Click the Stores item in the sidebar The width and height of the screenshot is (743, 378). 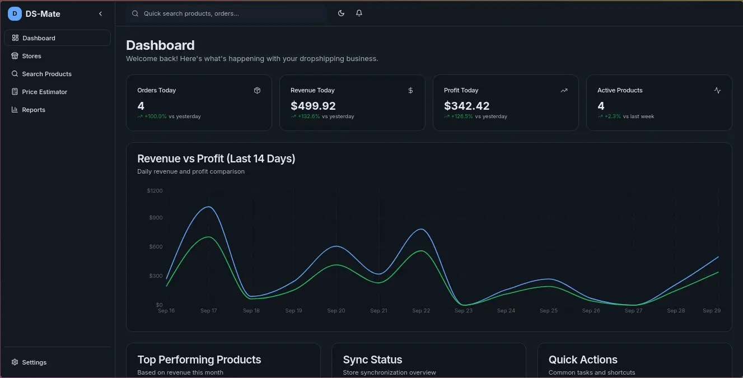[31, 56]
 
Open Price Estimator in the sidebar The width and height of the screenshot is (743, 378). [44, 92]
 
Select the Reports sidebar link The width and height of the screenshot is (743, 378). [33, 110]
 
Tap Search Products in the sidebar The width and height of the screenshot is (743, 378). [46, 74]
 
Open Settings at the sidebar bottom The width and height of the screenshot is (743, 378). [34, 362]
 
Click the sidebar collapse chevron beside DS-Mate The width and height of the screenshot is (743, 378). [101, 13]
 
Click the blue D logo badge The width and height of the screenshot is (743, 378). [15, 13]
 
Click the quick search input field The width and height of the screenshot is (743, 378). [226, 13]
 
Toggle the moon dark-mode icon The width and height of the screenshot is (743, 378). [341, 13]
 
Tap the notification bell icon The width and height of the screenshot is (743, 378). [359, 13]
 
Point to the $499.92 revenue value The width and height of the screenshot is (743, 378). [313, 106]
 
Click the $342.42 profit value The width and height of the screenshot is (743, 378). [466, 106]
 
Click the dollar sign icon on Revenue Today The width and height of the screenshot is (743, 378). [410, 90]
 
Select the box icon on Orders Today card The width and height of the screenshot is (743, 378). [257, 90]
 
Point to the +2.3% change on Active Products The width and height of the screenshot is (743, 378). [613, 116]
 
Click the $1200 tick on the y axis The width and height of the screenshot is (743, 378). [155, 191]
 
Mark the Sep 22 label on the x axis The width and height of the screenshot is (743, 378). [421, 311]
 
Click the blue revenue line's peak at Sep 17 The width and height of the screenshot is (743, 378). [208, 207]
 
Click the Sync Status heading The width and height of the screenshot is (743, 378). [372, 360]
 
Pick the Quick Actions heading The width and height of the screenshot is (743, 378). [583, 360]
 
